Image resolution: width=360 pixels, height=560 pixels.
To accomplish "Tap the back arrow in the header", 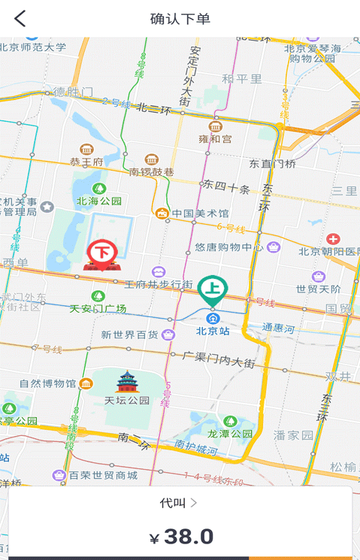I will (20, 19).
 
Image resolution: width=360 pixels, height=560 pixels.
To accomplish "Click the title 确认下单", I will (180, 19).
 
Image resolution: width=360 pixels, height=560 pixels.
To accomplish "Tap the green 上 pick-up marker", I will (213, 290).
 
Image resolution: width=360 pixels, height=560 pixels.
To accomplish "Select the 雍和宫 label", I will (215, 139).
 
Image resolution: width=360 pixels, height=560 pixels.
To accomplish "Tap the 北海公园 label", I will (98, 201).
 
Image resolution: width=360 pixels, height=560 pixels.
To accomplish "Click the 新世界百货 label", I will (130, 334).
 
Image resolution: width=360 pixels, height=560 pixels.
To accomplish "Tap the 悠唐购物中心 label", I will (229, 247).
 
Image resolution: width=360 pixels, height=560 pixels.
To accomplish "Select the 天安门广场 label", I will (98, 308).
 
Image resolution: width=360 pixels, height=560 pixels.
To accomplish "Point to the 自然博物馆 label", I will (47, 383).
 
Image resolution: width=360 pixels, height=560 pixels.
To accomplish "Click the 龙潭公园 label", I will (230, 434).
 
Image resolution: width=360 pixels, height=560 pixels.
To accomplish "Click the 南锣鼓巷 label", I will (151, 172).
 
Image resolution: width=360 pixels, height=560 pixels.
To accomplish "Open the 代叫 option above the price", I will (179, 502).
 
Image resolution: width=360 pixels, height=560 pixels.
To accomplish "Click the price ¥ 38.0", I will (181, 537).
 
